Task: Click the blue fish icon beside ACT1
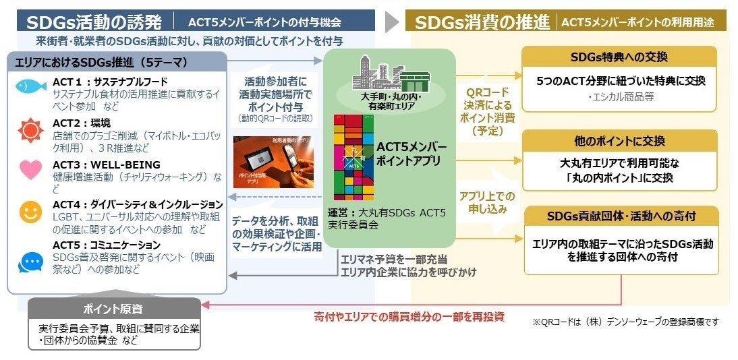[x=30, y=86]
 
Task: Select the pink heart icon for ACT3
[x=30, y=169]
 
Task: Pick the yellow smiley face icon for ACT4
[x=30, y=212]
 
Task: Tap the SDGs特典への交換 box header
[x=619, y=57]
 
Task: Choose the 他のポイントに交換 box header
[x=619, y=141]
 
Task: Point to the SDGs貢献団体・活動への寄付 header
[x=619, y=216]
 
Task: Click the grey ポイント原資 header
[x=114, y=309]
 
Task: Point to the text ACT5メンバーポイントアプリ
[x=411, y=154]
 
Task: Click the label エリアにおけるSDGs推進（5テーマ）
[x=101, y=63]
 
